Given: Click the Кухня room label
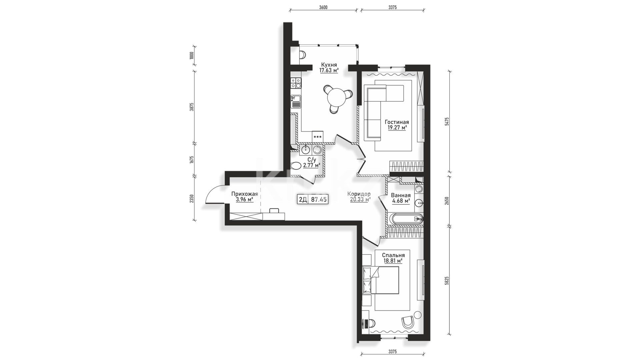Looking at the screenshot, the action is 329,65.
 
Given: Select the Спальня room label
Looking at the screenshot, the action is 393,255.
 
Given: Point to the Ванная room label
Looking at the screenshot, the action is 401,195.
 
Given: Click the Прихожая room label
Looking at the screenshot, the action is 245,194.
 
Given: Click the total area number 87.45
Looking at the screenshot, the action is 319,199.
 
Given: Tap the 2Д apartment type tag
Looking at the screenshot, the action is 303,199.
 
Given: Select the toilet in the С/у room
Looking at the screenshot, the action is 296,166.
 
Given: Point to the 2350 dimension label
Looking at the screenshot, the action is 191,199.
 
